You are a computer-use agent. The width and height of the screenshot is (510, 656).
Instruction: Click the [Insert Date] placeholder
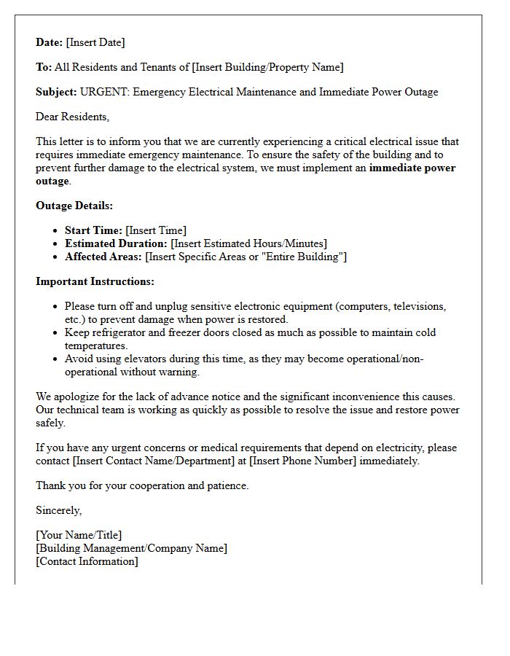[95, 42]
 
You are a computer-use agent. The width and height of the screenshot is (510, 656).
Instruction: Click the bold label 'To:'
[44, 67]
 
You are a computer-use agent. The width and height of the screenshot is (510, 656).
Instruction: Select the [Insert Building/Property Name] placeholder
[267, 67]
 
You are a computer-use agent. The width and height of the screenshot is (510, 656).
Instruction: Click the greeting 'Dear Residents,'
[72, 117]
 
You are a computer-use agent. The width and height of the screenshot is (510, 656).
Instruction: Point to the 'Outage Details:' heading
[74, 206]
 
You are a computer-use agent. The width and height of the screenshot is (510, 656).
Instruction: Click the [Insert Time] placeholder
[156, 230]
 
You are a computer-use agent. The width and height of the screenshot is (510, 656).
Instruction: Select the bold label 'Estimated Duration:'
[116, 243]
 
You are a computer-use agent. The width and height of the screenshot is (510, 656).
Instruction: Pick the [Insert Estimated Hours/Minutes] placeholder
[248, 243]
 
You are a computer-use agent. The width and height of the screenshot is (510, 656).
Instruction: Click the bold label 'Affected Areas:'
[103, 257]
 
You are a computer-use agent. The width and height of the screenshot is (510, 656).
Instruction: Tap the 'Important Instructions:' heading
[95, 281]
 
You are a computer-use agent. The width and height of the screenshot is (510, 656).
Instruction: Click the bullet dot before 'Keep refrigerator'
[56, 333]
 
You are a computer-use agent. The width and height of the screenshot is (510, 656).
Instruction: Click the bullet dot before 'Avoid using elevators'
[56, 359]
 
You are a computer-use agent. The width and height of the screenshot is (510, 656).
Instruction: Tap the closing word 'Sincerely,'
[59, 510]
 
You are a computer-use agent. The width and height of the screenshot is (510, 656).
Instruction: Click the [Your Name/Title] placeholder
[79, 535]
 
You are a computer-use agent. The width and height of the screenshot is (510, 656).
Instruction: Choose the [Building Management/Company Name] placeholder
[131, 548]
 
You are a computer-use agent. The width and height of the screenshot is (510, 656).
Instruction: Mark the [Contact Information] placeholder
[87, 561]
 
